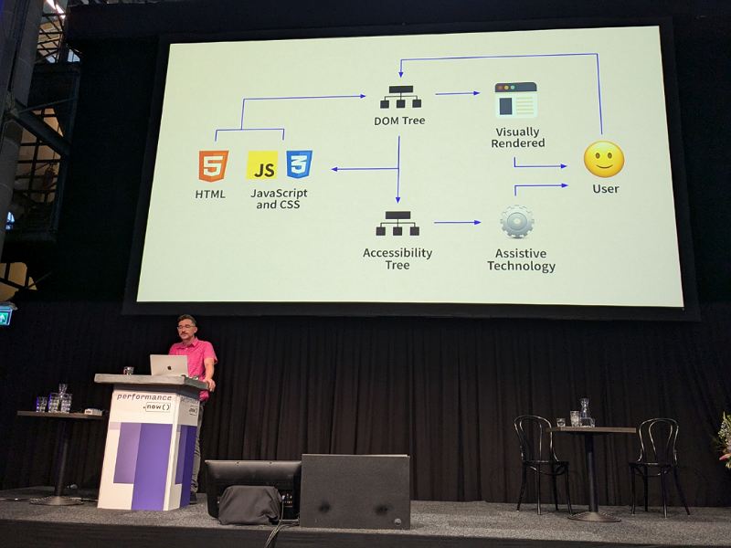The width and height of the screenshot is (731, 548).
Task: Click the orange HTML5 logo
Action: pos(213,166)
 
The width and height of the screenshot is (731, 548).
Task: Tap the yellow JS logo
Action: pos(263,167)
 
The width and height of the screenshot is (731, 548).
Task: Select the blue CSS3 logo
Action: pos(299,165)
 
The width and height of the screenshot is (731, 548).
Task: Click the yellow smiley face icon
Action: pos(604,159)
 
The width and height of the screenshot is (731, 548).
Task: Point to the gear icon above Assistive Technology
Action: pos(516,222)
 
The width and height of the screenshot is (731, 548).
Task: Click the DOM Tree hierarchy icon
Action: pos(397,97)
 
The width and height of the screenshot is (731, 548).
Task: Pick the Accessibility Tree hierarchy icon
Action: pos(397,224)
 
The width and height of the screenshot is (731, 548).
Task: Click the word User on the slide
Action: pos(605,189)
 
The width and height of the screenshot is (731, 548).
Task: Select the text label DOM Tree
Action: pos(399,121)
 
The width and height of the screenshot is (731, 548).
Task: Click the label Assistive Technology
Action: pos(521,260)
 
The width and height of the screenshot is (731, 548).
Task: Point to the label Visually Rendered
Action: pos(519,137)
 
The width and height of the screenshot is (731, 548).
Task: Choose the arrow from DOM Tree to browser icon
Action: pos(457,93)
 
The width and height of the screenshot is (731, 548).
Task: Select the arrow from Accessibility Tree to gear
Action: pos(457,222)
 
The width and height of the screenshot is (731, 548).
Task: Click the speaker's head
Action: pos(186,326)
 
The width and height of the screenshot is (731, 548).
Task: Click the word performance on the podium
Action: pos(144,397)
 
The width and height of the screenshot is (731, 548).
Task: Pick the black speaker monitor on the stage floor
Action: pos(355,491)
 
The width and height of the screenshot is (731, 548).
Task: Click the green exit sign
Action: pos(5,316)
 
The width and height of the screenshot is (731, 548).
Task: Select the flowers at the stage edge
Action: pos(724,438)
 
